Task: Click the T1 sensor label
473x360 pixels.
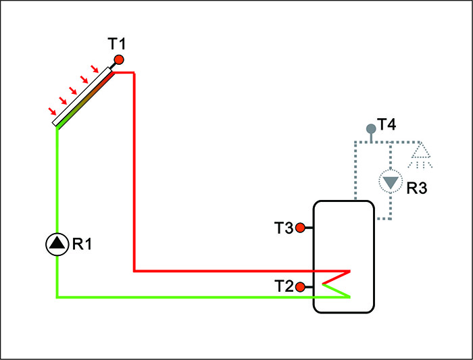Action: [x=117, y=45]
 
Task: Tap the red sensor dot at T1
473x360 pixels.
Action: [x=119, y=59]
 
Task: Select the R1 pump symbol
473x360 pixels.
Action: [x=57, y=244]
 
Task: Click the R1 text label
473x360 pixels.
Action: [x=81, y=244]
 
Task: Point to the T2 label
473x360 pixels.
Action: [x=284, y=286]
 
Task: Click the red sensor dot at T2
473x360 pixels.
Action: [x=301, y=287]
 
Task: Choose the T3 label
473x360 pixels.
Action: [x=284, y=228]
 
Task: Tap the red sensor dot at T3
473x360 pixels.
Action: [x=301, y=228]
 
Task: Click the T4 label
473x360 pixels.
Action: [x=387, y=124]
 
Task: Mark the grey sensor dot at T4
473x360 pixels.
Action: [x=370, y=128]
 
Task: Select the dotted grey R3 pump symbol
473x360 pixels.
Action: [x=390, y=182]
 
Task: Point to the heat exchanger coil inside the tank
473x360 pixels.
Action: [x=337, y=284]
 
